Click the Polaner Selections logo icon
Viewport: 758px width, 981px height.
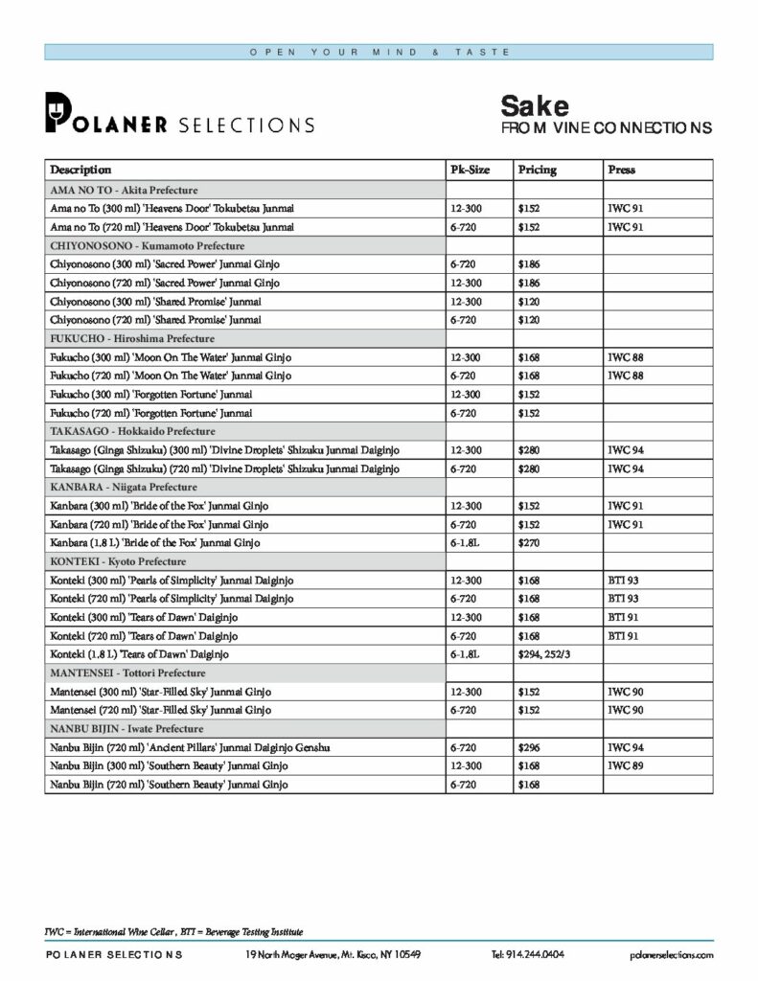click(58, 112)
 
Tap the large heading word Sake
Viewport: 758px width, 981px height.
click(535, 105)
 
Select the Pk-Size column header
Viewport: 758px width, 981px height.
click(470, 170)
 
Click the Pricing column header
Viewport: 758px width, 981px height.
click(537, 170)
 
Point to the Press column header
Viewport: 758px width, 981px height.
click(621, 170)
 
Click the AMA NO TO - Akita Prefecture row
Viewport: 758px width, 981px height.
click(125, 190)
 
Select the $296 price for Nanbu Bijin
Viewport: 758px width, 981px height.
click(530, 747)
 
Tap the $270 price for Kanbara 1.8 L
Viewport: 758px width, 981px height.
click(530, 543)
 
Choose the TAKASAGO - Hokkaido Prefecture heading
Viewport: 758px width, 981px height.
click(132, 431)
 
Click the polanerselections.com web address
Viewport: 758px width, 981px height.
click(672, 954)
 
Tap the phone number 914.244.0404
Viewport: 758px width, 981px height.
click(527, 954)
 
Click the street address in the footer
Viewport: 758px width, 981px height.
click(333, 954)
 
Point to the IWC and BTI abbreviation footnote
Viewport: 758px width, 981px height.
click(174, 931)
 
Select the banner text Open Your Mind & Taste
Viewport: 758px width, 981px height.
click(379, 52)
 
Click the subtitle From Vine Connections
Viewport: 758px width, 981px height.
click(607, 127)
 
